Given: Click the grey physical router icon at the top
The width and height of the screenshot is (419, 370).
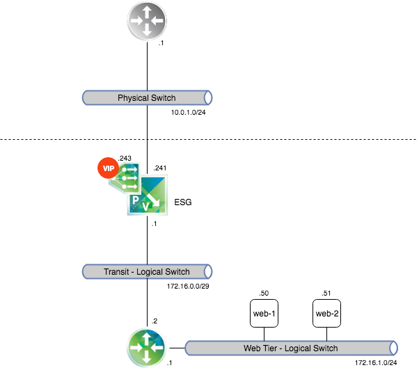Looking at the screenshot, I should pos(147,21).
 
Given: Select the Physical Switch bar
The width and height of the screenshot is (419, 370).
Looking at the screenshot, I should pos(147,97).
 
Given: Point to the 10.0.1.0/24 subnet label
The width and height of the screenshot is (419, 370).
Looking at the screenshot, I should pos(189,112).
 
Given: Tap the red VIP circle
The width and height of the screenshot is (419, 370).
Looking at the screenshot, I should pos(107,169).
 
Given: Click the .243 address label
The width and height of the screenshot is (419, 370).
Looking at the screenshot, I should pos(125,159).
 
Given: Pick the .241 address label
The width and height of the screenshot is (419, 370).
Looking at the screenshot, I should pos(160,168).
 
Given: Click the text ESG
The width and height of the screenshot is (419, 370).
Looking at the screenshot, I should pos(182,202).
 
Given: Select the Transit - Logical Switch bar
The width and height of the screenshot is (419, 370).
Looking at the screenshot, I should pos(147,271).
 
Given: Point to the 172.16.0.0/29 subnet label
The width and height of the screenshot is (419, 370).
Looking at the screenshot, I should pos(189,286).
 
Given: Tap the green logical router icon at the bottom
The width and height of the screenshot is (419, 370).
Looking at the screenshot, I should pos(147,348).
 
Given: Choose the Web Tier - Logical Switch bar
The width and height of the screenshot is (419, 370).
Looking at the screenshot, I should pos(291,348).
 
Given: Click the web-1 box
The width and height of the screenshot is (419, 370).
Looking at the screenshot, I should pos(264,314).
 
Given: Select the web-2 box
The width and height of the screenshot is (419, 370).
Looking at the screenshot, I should pos(327,314).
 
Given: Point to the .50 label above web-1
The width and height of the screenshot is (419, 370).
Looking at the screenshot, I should pos(264,293).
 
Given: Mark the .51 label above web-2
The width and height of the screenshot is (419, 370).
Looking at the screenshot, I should pos(326,293).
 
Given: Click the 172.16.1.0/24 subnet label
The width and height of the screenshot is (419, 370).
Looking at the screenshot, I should pos(376,362).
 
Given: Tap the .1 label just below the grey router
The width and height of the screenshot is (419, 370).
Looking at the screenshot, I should pos(161,43).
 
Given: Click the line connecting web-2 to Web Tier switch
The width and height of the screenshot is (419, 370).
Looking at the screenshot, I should pos(327,334).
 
